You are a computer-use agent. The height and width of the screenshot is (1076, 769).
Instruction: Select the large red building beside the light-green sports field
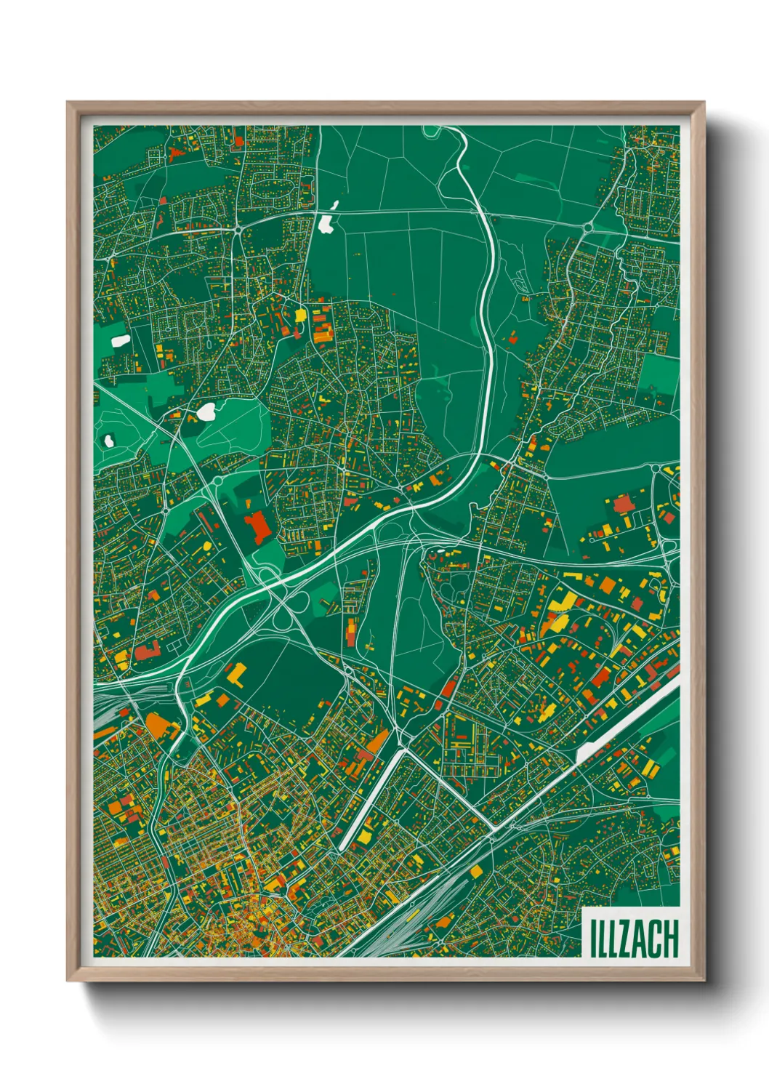257,526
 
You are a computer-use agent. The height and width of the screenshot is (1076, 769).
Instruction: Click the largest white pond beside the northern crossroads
326,223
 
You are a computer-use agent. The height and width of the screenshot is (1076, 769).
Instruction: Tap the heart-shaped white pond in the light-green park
206,412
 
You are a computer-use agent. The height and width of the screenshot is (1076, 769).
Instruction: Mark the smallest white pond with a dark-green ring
109,441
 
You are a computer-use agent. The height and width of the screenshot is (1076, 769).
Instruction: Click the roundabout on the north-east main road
587,228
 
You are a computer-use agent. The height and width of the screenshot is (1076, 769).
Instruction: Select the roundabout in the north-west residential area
238,230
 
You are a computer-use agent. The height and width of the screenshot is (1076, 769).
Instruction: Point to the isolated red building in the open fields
513,337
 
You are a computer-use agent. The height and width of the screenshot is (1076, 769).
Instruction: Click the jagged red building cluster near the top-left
175,154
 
